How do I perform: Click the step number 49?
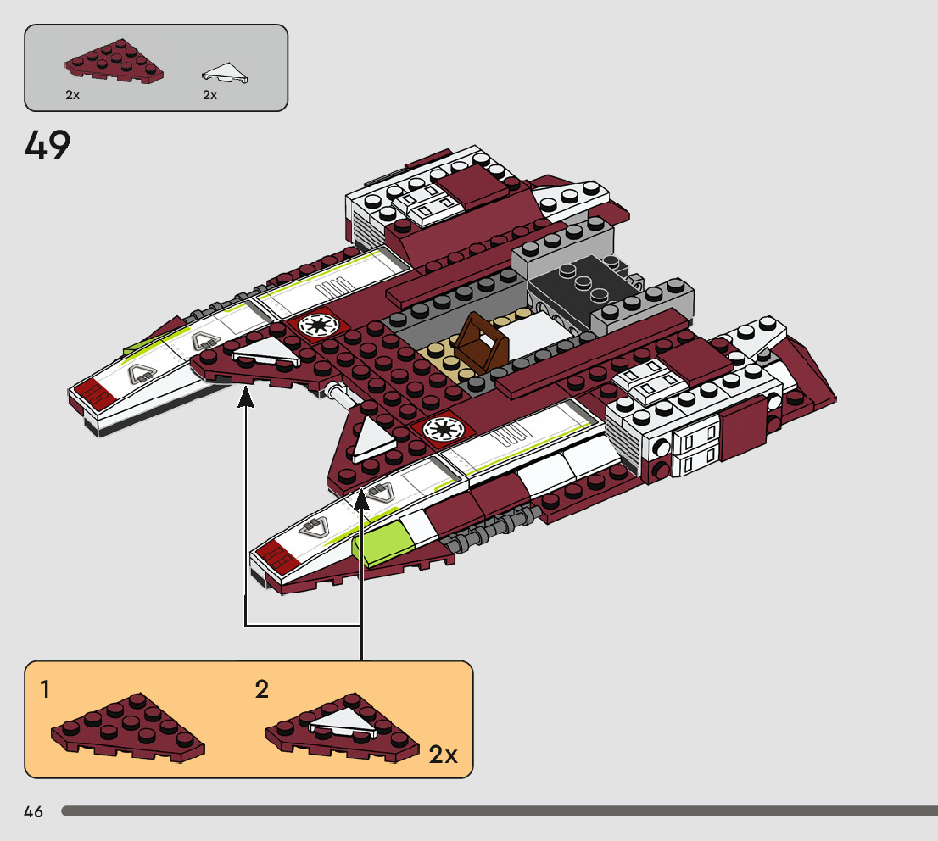click(x=47, y=146)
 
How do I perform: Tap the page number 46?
click(x=34, y=811)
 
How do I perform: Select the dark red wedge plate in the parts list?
click(x=114, y=64)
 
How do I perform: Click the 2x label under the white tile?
click(x=210, y=95)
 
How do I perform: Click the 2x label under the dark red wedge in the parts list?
click(x=72, y=95)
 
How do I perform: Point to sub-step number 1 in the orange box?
click(x=45, y=689)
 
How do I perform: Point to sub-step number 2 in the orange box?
click(x=262, y=689)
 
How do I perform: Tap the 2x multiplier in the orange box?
click(x=443, y=755)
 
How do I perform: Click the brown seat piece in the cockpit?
click(x=482, y=342)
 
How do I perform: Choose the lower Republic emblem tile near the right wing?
click(x=442, y=428)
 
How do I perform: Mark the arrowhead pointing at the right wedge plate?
click(x=362, y=498)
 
